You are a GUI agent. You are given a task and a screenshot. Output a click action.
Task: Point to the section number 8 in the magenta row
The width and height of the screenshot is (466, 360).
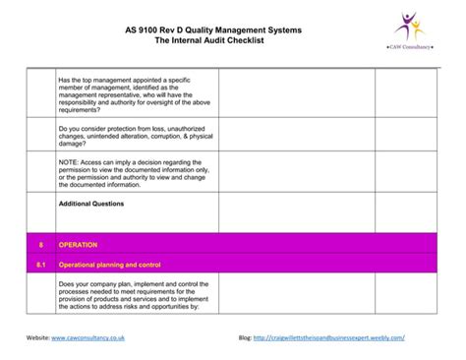point(40,244)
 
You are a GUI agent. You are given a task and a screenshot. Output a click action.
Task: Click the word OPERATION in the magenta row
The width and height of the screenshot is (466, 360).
point(79,244)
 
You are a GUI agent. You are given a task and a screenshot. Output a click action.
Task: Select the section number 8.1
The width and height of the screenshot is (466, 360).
point(40,266)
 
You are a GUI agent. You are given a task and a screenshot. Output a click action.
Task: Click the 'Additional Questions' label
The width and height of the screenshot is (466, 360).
point(91,204)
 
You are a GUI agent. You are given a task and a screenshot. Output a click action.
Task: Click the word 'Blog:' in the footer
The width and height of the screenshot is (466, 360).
point(245,336)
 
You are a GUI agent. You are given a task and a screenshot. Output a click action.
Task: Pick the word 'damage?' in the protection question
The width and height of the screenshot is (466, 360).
point(77,143)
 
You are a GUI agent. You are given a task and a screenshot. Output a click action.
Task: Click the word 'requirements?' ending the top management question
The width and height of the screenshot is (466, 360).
point(84,111)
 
